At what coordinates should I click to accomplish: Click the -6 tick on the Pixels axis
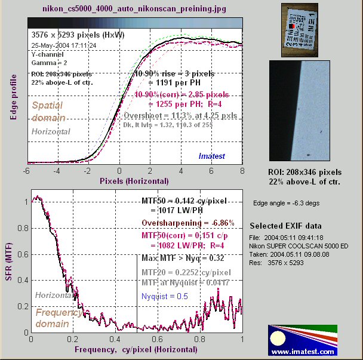pos(27,170)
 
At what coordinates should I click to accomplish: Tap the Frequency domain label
pos(60,318)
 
